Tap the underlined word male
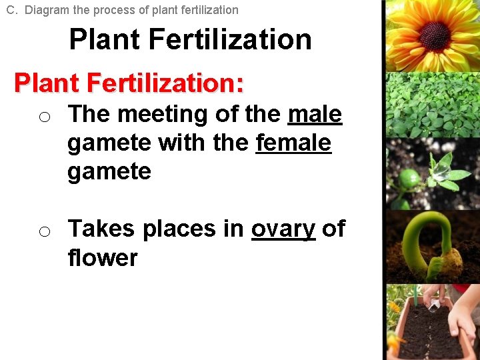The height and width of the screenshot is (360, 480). [315, 115]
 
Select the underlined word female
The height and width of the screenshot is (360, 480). [293, 143]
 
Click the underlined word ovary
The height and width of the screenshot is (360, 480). [283, 229]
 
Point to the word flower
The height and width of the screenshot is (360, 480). [102, 257]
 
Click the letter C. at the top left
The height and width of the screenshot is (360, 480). [12, 10]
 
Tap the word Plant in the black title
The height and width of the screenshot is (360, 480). [105, 40]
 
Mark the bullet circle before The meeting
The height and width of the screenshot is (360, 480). [44, 118]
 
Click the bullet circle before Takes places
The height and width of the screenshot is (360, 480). [44, 232]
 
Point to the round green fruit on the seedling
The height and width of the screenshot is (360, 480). [409, 178]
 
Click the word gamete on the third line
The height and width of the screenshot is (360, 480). [109, 171]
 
